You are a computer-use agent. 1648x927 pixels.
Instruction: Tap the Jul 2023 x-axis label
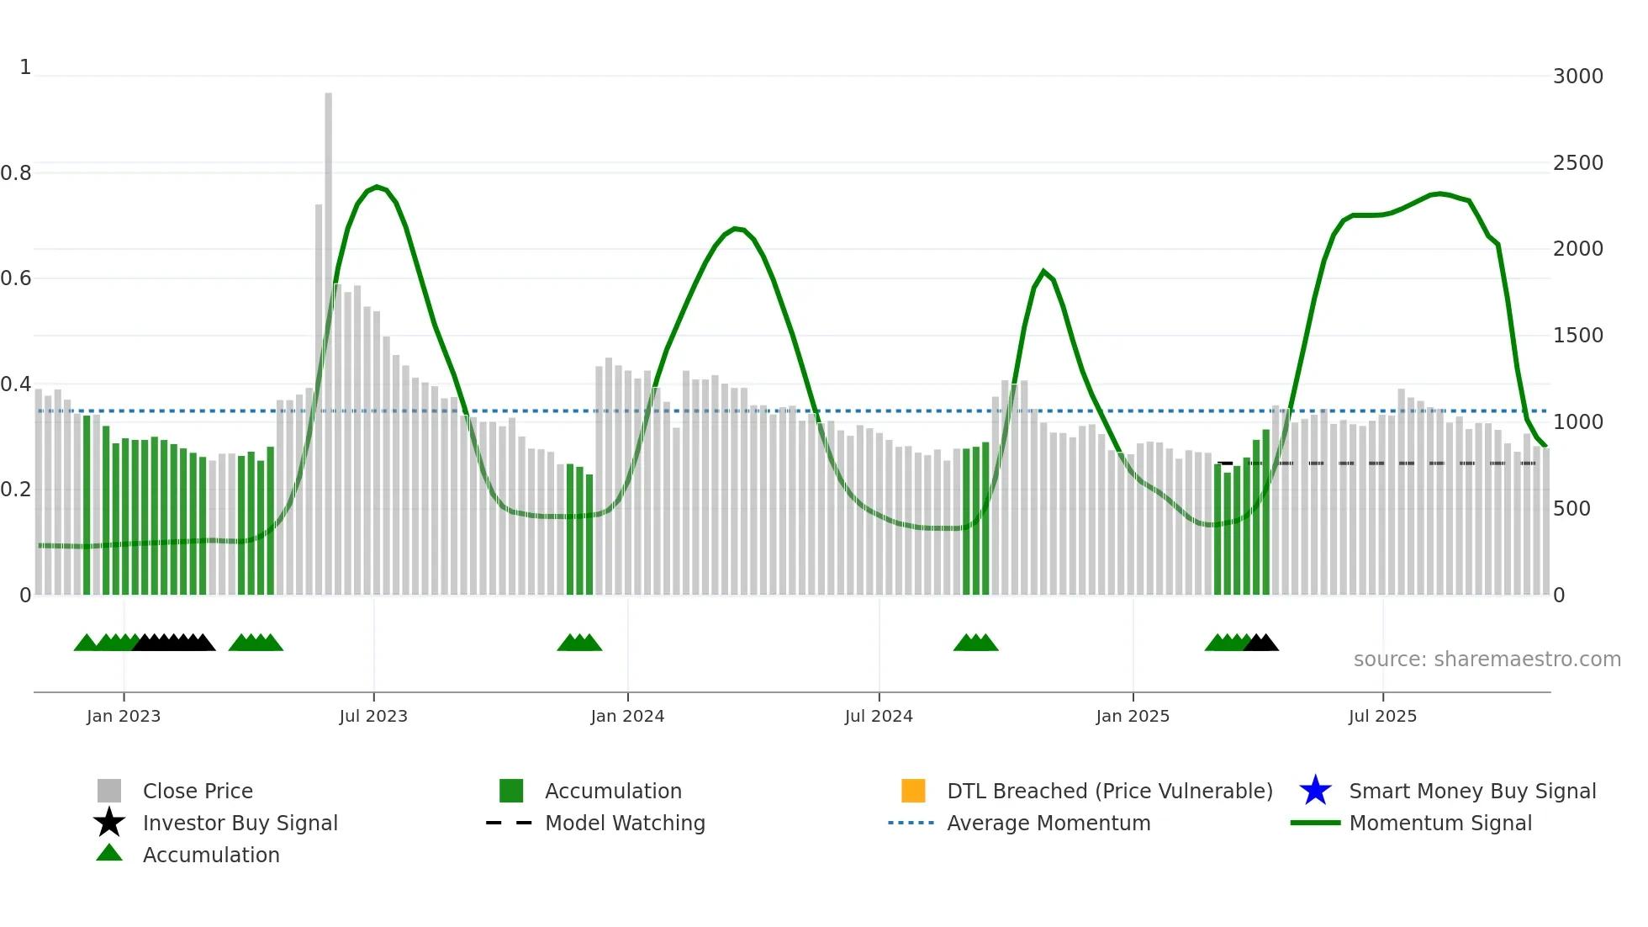pos(373,716)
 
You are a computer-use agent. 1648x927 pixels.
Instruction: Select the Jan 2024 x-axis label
pos(627,716)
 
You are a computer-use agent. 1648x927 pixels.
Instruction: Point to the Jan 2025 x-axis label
pos(1133,716)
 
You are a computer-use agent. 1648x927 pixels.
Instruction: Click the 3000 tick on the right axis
pos(1577,77)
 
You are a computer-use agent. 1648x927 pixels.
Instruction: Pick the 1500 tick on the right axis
pos(1577,336)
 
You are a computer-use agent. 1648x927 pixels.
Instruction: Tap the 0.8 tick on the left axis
pos(16,173)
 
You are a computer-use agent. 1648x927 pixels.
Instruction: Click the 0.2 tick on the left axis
pos(16,490)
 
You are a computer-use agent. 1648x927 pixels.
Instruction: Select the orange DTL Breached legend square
pos(913,791)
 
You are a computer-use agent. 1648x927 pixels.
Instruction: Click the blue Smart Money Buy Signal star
pos(1315,791)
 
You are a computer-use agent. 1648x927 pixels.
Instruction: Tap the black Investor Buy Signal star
pos(109,823)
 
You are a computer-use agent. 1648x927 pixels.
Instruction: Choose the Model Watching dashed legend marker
pos(510,823)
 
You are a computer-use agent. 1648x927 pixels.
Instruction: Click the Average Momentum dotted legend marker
pos(911,823)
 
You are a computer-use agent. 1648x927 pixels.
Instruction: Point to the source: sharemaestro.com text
pos(1487,659)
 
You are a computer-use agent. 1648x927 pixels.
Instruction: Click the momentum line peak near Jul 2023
pos(377,187)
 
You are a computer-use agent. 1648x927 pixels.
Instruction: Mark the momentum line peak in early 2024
pos(736,228)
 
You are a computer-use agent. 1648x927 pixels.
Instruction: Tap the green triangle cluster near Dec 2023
pos(579,644)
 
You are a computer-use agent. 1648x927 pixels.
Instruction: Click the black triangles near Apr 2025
pos(1261,644)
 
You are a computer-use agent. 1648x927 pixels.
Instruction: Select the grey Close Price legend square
pos(109,791)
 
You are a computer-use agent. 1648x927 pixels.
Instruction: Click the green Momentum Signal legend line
pos(1315,823)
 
